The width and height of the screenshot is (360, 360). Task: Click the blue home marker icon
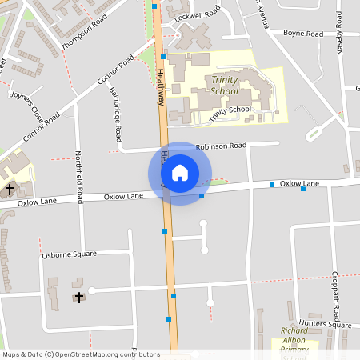pos(180,173)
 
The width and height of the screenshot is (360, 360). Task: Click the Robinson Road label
pos(221,146)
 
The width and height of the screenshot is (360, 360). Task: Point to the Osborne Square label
pos(69,254)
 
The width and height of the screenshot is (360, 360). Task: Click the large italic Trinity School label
pos(231,86)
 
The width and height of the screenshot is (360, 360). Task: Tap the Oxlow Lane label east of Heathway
pos(299,184)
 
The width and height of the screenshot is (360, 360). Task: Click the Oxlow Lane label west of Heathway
pos(124,196)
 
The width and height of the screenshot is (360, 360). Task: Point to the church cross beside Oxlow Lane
pos(10,190)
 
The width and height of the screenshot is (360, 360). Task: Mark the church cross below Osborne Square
pos(78,298)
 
